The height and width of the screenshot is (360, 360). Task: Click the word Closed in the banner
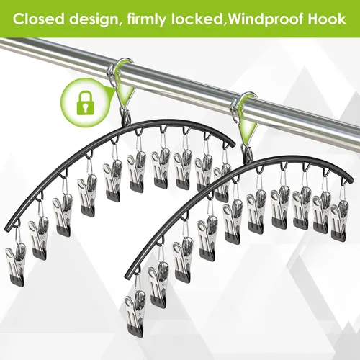point(39,19)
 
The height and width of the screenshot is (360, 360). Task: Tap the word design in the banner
point(94,19)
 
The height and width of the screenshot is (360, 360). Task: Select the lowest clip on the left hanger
point(16,265)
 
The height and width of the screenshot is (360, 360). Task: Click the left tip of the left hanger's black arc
point(5,229)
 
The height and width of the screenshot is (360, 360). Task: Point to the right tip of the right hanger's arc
point(352,180)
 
